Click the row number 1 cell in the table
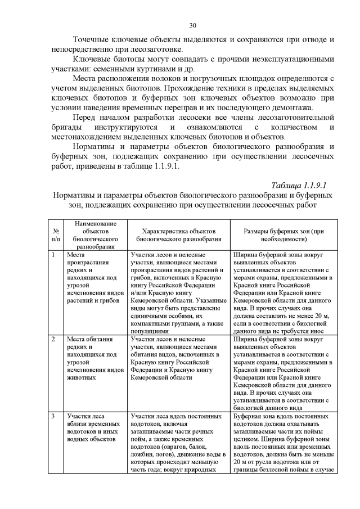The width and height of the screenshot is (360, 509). tap(53, 255)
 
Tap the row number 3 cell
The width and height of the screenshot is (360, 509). tap(53, 416)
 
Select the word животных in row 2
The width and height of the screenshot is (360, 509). tap(80, 379)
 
